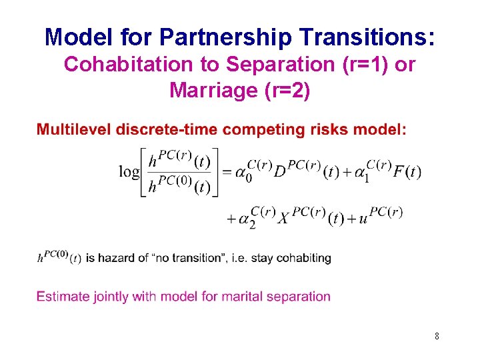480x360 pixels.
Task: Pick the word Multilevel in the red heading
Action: tap(73, 129)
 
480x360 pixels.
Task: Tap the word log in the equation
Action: tap(129, 171)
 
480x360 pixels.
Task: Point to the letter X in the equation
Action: tap(283, 219)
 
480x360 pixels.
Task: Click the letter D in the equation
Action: tap(280, 171)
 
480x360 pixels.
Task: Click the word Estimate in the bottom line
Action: tap(61, 296)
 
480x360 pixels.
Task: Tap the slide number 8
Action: tap(437, 337)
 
